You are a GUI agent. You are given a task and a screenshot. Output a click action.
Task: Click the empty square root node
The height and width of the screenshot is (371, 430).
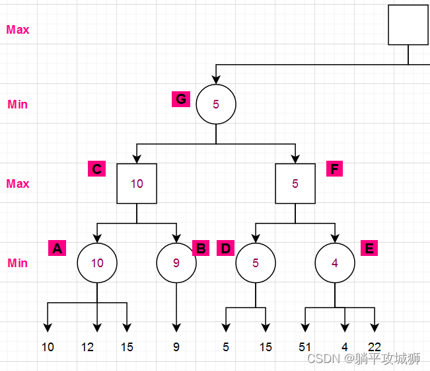(408, 25)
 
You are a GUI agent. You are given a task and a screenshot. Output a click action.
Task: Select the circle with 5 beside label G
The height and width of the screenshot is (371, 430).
(216, 104)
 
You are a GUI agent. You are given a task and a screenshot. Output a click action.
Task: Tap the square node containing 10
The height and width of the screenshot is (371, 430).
(137, 183)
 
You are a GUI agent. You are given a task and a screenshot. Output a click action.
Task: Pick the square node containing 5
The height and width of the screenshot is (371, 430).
(295, 183)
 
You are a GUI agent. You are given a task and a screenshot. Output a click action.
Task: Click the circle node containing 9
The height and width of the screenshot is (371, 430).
(176, 263)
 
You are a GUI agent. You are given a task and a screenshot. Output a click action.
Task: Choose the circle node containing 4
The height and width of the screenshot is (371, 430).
(335, 263)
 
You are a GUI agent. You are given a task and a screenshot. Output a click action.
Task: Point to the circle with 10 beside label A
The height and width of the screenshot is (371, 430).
(97, 263)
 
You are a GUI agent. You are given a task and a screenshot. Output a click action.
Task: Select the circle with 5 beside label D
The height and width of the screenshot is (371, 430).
(256, 263)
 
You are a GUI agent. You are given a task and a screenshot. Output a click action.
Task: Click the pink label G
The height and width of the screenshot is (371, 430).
(180, 99)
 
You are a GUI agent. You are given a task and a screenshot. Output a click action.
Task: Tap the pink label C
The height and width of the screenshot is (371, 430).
(96, 169)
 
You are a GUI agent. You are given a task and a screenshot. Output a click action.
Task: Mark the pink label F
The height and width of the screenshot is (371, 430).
(334, 169)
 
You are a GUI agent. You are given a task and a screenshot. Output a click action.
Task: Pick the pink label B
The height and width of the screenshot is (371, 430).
(201, 249)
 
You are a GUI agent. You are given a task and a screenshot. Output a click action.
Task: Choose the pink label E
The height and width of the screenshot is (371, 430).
(369, 248)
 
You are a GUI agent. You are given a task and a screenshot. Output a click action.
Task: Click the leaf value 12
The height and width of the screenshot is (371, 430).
(87, 347)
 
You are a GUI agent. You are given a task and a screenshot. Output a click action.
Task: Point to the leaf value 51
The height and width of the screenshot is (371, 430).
(305, 347)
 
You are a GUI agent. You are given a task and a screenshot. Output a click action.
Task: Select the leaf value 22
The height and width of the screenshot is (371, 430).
(375, 347)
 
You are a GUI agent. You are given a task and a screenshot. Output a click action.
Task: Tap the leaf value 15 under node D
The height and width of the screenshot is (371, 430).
(266, 347)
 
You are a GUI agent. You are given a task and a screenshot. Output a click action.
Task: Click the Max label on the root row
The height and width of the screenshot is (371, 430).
(18, 30)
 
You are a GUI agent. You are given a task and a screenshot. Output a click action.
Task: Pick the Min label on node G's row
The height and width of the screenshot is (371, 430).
(18, 104)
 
